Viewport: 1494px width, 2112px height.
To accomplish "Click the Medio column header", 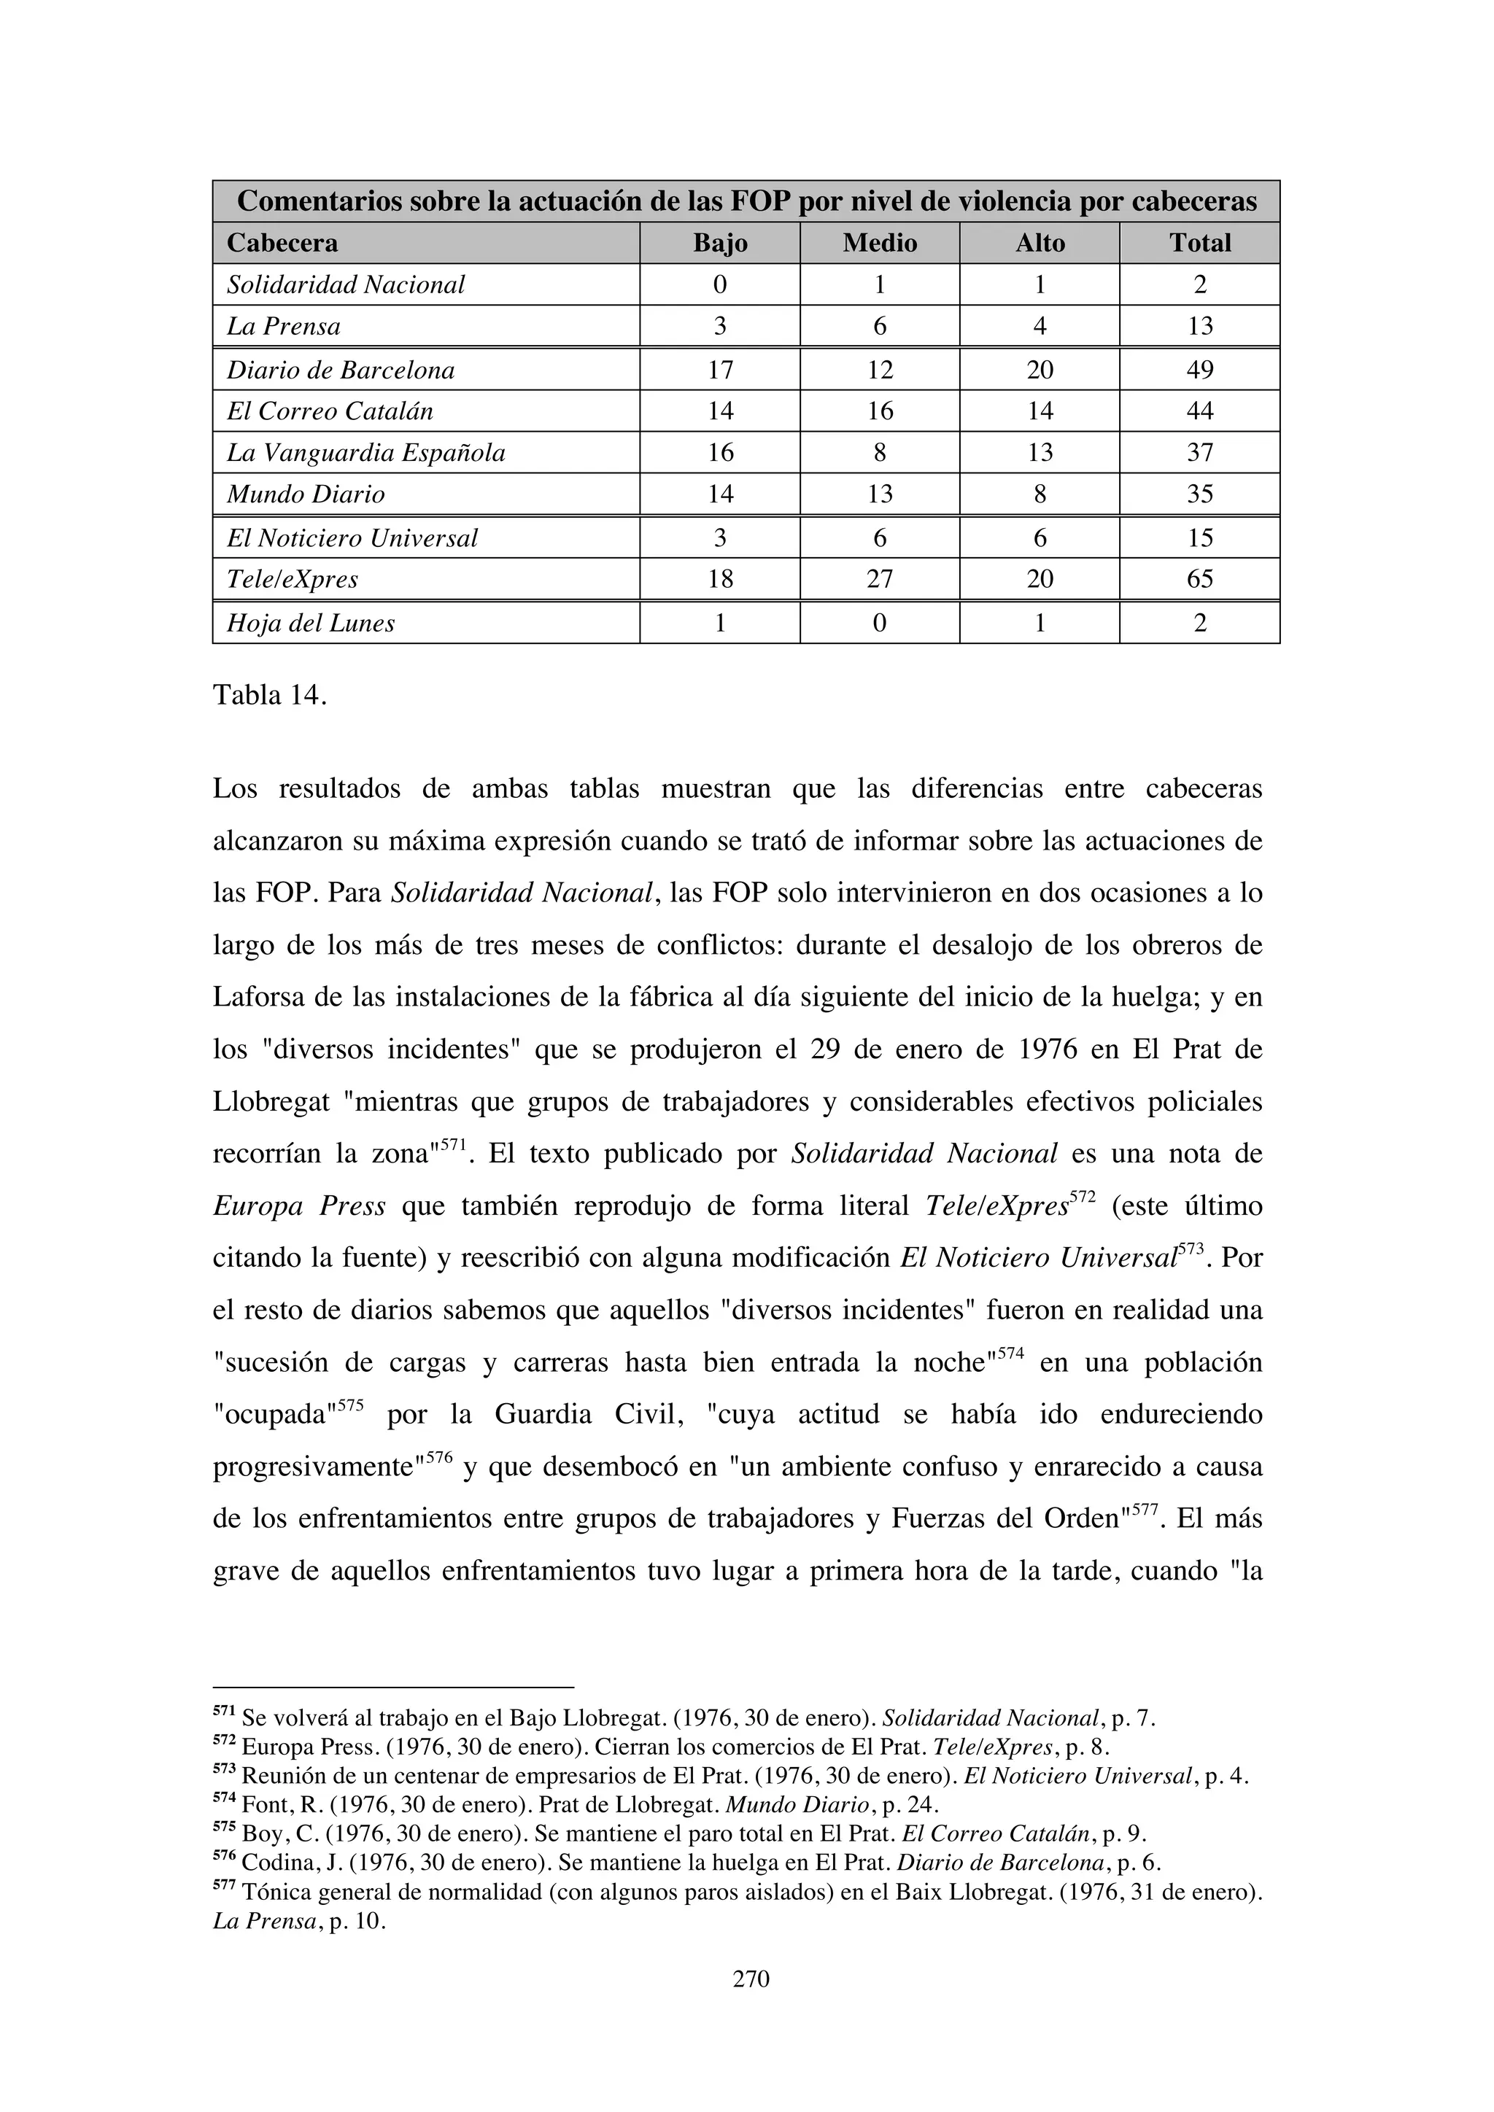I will (880, 243).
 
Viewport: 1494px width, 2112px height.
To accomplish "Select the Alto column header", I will (1040, 243).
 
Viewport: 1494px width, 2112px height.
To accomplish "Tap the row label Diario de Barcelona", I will (341, 370).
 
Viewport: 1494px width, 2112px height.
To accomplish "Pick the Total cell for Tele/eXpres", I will (1199, 578).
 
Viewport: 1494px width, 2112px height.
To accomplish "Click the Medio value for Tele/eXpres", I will (880, 578).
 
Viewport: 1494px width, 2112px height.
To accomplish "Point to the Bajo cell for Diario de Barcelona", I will (719, 370).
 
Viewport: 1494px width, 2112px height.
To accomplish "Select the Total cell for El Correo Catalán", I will (1199, 411).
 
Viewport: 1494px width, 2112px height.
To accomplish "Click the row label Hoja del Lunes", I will (311, 623).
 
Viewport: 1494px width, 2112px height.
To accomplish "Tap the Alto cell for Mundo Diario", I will (1040, 494).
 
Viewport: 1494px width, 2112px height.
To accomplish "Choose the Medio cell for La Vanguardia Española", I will (880, 453).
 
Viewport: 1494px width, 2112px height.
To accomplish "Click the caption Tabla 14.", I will (269, 696).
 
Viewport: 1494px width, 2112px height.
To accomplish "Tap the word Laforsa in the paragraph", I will (262, 997).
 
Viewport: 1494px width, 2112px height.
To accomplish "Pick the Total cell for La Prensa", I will (1199, 326).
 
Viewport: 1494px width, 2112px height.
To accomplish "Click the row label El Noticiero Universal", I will (352, 538).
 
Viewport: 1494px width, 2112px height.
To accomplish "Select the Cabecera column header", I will (282, 243).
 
